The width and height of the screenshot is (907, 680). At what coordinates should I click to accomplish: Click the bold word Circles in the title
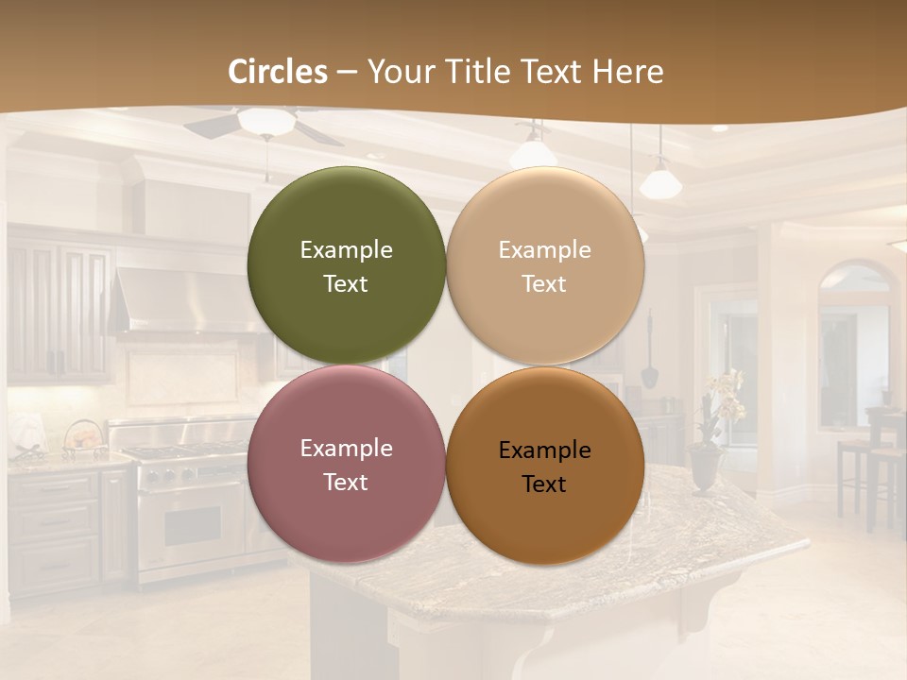coord(278,72)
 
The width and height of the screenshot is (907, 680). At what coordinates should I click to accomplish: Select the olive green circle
coord(346,265)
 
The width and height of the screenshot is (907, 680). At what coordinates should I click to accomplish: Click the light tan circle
coord(545,265)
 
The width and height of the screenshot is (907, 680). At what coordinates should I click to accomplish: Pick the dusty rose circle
coord(346,464)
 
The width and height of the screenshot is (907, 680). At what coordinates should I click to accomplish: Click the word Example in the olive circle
coord(346,249)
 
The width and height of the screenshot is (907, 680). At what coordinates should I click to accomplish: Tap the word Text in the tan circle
coord(544,283)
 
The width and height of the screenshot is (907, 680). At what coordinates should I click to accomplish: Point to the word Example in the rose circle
coord(346,448)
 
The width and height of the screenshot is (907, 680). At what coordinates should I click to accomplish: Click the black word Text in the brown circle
coord(544,484)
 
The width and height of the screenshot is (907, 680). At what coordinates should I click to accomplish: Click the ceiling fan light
coord(265,121)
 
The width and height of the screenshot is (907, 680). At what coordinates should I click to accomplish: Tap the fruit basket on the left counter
coord(85,438)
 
